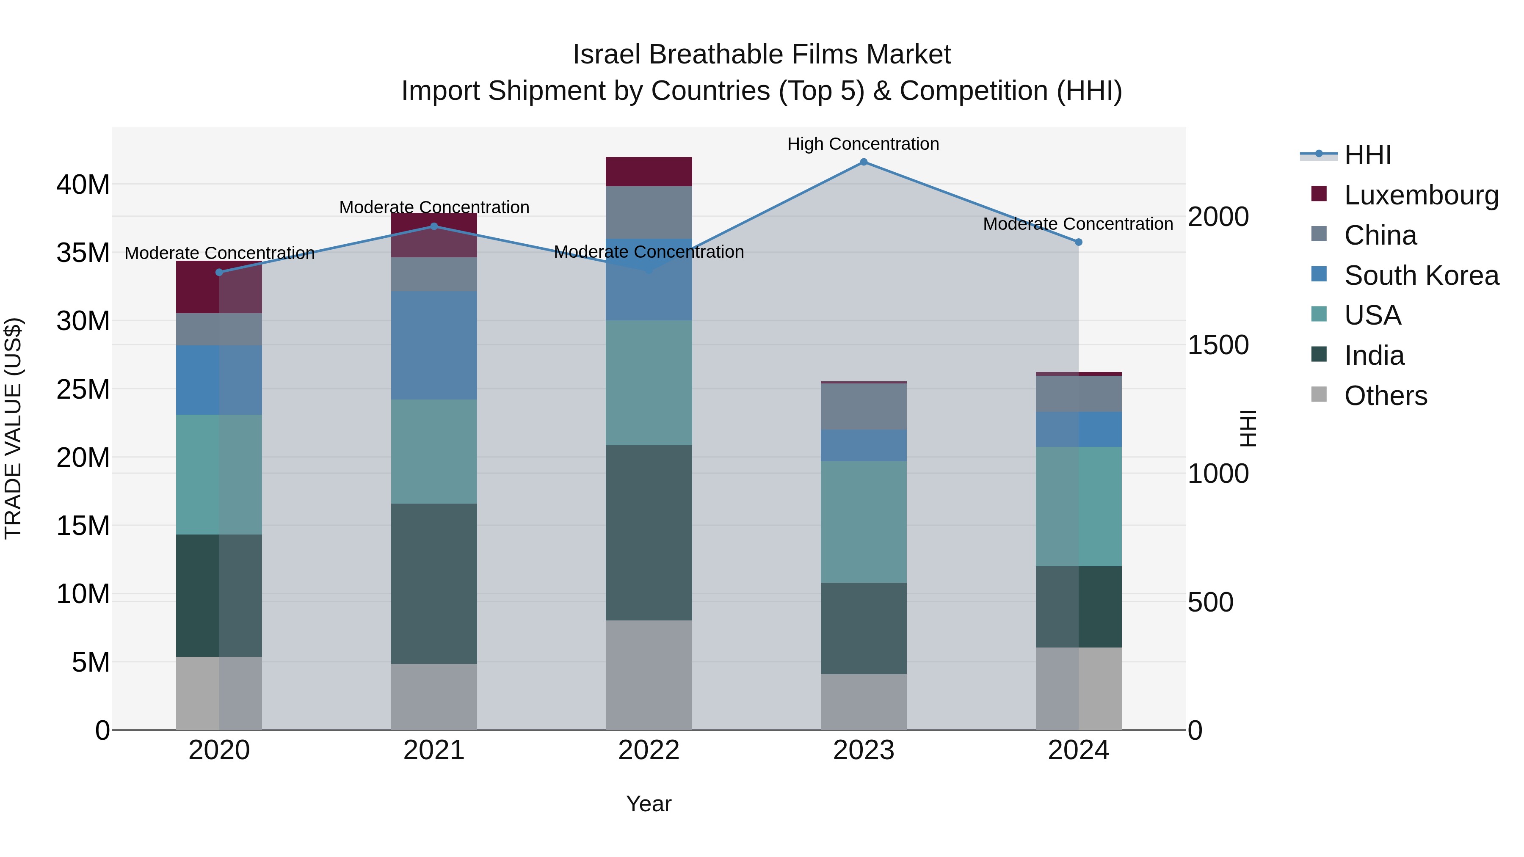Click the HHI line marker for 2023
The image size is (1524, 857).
(863, 162)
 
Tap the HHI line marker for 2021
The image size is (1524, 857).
(433, 226)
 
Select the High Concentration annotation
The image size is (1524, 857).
(863, 144)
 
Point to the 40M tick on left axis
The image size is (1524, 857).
(83, 185)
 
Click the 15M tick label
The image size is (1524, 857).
(83, 526)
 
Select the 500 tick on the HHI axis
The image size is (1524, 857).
(1210, 603)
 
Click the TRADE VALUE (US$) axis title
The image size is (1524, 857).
(13, 428)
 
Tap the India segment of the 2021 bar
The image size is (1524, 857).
(433, 583)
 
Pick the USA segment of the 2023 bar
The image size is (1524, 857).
(863, 522)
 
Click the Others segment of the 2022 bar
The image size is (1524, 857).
(649, 675)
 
